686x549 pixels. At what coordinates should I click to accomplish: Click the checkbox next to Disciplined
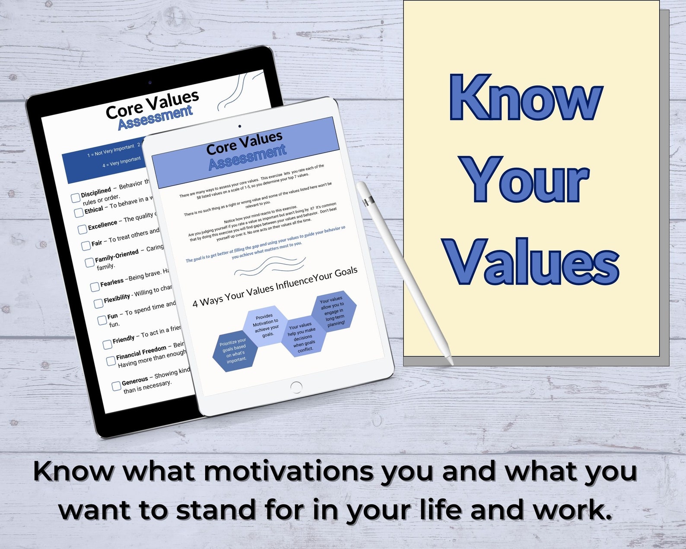76,198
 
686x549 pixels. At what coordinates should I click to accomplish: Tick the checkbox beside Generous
116,386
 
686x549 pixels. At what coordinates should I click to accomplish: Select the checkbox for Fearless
95,287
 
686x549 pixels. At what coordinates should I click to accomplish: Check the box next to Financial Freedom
111,361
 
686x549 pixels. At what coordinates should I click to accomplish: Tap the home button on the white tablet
296,387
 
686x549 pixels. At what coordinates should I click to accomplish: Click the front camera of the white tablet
240,126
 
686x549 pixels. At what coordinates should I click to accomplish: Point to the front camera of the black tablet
150,82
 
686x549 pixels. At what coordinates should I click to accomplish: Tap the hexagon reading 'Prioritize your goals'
235,351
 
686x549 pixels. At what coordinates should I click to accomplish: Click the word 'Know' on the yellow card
525,98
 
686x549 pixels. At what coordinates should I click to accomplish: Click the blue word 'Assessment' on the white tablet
247,157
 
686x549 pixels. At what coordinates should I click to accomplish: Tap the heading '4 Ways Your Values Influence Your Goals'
275,287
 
